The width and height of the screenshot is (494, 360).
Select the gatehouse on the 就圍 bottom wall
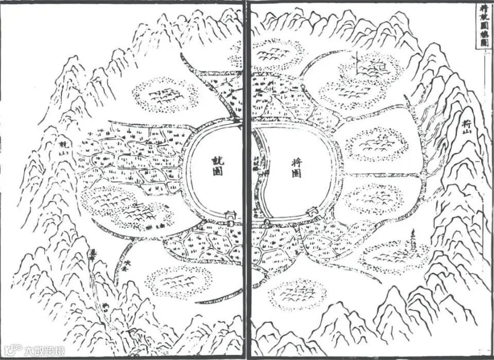(x=231, y=215)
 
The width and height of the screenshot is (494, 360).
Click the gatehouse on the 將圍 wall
(x=312, y=211)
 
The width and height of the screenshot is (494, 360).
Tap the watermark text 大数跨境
(x=45, y=351)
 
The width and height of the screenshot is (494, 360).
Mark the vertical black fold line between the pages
(x=245, y=180)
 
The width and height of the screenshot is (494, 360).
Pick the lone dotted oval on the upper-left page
(x=165, y=95)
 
